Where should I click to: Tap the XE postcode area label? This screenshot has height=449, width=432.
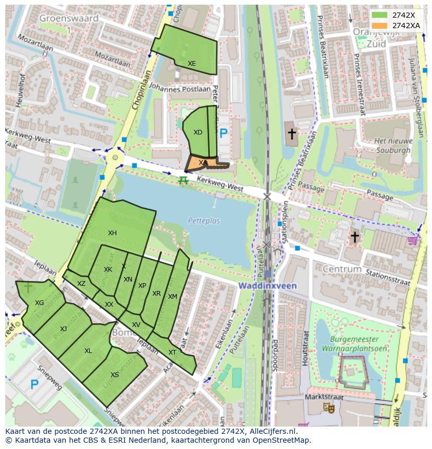[x=192, y=64]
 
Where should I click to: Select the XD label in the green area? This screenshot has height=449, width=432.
[x=198, y=132]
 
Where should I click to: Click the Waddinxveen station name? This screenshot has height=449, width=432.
[x=268, y=286]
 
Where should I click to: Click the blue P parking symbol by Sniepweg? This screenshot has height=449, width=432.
[x=34, y=385]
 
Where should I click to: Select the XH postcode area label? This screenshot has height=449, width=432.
[x=112, y=233]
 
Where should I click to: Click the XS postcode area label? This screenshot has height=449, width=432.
[x=115, y=375]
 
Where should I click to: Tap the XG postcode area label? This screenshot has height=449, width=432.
[x=39, y=303]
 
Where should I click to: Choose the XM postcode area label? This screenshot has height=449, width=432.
[x=173, y=297]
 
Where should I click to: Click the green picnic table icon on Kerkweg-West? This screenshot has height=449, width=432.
[x=183, y=180]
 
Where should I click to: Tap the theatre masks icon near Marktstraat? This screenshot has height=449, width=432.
[x=329, y=408]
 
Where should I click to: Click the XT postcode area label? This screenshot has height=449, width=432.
[x=172, y=353]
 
